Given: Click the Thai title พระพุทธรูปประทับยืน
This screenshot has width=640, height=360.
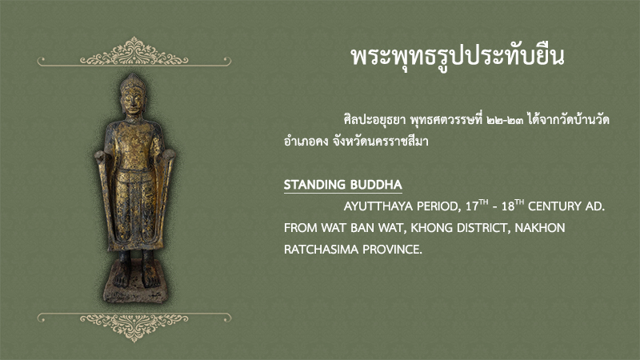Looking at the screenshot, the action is coord(458,57).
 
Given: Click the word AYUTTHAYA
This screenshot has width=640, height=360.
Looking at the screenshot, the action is coord(377,206).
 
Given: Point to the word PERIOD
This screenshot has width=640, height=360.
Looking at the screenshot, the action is coord(438,206).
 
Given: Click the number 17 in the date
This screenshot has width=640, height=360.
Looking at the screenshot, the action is coord(472,206).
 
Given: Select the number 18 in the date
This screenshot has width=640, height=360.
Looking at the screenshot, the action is coord(508,206).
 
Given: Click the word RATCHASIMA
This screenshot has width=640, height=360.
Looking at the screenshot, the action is coord(321,250).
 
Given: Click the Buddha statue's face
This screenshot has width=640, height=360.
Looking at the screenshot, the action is coord(133,100).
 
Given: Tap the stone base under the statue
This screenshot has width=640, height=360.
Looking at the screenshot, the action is coord(135,286).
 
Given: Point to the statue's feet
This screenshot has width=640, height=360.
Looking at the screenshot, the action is coord(136,278).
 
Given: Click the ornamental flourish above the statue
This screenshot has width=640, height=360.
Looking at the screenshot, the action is coord(134,53).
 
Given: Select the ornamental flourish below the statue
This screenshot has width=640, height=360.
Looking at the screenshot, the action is coord(134,326).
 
